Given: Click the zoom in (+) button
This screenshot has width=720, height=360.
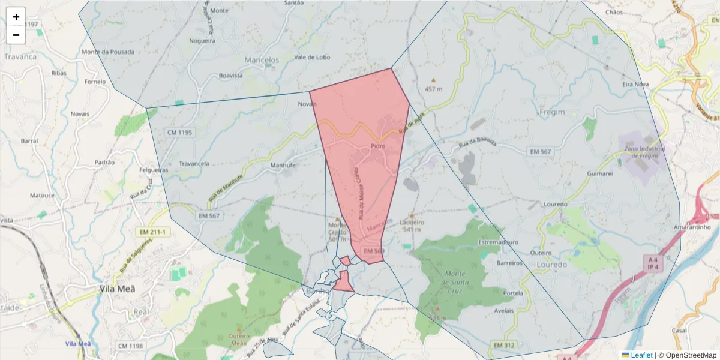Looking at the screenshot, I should click(16, 17).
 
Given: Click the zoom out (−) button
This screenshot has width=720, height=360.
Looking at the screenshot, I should click(16, 35).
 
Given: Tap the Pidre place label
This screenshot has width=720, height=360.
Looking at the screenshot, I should click(377, 146).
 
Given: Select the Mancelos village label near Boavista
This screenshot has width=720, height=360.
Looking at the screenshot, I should click(262, 61).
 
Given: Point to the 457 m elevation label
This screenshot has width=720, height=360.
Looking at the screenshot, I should click(433, 89).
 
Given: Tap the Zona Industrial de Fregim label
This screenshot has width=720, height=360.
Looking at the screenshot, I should click(641, 152).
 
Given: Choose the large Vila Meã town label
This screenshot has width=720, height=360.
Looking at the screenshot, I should click(117, 289).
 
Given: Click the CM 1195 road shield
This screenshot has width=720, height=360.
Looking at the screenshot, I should click(180, 132).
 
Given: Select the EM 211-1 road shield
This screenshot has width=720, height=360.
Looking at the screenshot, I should click(154, 232).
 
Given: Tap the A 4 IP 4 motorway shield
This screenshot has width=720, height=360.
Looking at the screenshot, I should click(653, 263).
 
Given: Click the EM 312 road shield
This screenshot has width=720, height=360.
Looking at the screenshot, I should click(505, 345).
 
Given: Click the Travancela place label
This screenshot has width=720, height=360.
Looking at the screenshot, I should click(195, 163).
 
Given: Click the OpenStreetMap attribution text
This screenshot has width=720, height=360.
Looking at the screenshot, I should click(691, 355).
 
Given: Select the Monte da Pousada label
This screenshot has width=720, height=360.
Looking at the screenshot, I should click(108, 52).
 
